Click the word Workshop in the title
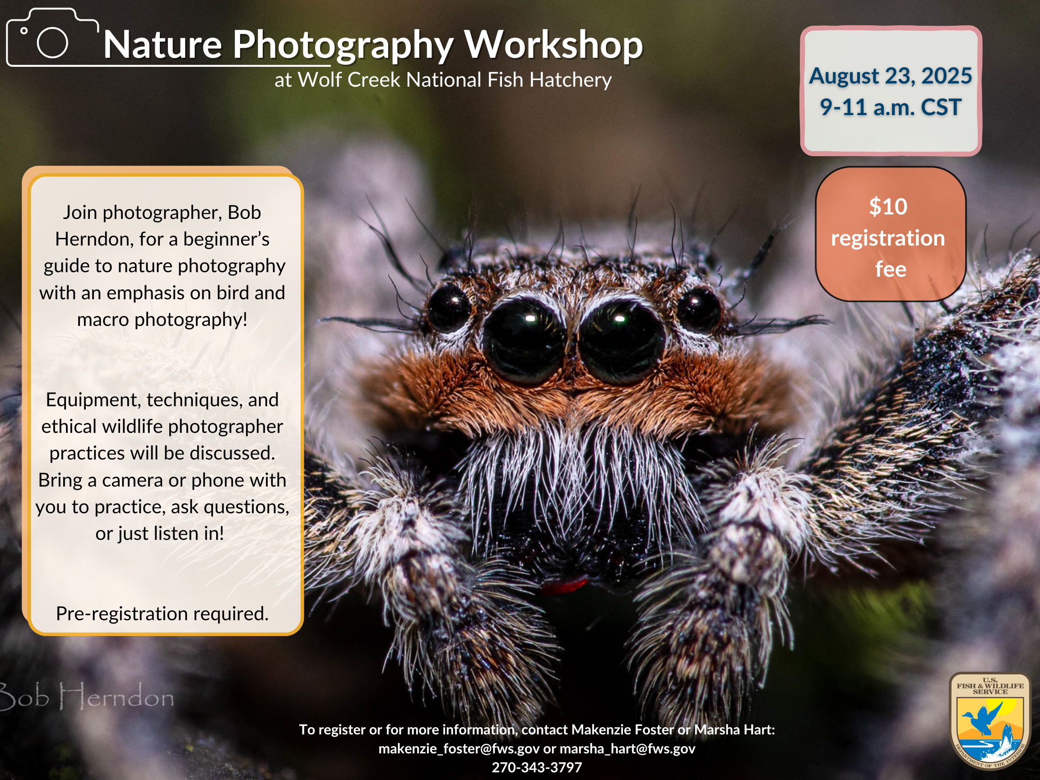553,44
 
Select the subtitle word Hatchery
570,80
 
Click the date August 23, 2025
891,76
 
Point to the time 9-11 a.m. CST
891,107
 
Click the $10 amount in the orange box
888,206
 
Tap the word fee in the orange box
891,269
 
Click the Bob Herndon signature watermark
87,696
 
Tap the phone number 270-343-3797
537,767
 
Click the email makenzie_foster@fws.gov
459,748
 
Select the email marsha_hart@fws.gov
627,748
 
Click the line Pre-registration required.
162,613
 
